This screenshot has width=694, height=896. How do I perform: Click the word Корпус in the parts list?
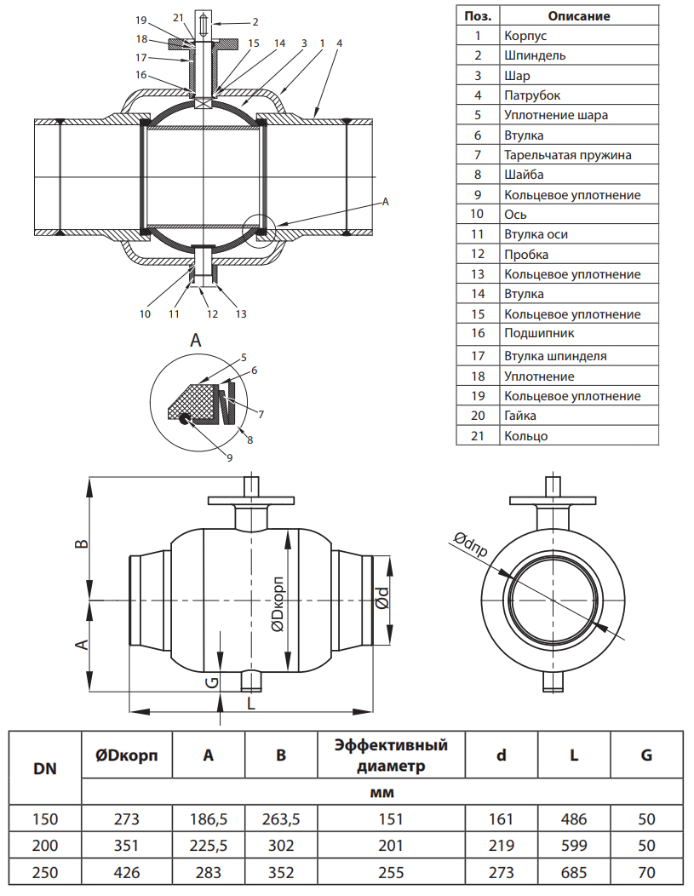525,36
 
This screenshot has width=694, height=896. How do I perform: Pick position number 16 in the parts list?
478,333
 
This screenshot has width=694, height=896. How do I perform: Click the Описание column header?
578,15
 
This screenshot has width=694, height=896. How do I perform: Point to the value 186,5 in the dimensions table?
208,819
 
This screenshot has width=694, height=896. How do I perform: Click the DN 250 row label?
44,872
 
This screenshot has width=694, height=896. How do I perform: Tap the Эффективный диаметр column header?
391,755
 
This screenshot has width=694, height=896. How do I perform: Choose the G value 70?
646,872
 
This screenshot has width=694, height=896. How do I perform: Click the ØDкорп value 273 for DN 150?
126,819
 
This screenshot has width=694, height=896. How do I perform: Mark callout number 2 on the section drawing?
255,20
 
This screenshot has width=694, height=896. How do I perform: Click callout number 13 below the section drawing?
241,313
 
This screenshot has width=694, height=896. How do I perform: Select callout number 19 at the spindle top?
141,19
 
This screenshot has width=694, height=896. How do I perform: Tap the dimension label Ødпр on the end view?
470,544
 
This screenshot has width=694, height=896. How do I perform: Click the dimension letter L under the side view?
249,703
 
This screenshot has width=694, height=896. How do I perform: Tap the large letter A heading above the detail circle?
196,341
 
